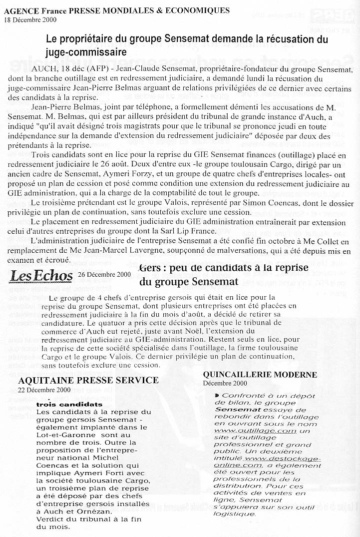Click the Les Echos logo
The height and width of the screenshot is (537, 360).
pos(42,275)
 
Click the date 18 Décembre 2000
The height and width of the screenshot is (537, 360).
pos(30,20)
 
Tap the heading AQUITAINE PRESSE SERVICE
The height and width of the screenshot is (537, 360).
pos(88,380)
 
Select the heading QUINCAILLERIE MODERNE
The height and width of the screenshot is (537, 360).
pos(260,374)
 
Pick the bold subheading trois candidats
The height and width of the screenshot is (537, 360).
pos(69,404)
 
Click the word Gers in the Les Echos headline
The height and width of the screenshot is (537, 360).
pos(151,268)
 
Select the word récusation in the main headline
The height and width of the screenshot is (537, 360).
pos(269,39)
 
